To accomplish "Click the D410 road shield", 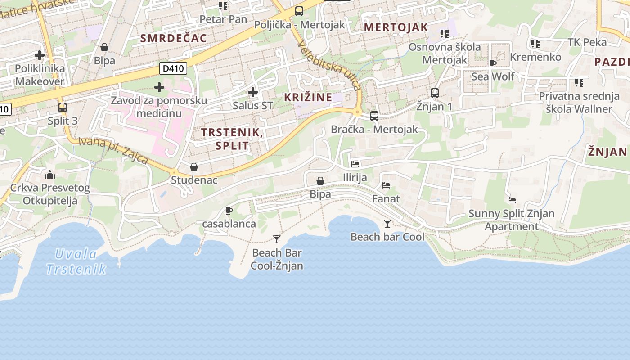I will pyautogui.click(x=173, y=69).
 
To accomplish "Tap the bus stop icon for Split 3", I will pyautogui.click(x=63, y=108).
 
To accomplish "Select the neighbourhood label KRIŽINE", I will pyautogui.click(x=308, y=97).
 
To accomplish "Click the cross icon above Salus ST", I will pyautogui.click(x=253, y=93).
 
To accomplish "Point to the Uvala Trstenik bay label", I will pyautogui.click(x=76, y=261).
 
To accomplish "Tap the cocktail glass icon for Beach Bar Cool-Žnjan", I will pyautogui.click(x=277, y=239).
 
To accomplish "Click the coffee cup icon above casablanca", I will pyautogui.click(x=229, y=211).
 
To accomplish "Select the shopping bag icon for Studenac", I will pyautogui.click(x=194, y=167).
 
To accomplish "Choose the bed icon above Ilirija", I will pyautogui.click(x=355, y=164).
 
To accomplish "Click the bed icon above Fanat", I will pyautogui.click(x=386, y=185).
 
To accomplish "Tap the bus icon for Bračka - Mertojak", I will pyautogui.click(x=374, y=116).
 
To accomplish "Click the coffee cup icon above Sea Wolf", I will pyautogui.click(x=493, y=63).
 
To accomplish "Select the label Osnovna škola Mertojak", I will pyautogui.click(x=445, y=53).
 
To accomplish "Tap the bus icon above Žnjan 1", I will pyautogui.click(x=435, y=93).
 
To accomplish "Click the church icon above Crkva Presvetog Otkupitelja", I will pyautogui.click(x=50, y=175).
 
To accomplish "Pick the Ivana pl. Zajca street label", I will pyautogui.click(x=113, y=150).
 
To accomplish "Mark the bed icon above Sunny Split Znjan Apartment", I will pyautogui.click(x=512, y=200).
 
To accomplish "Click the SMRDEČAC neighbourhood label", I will pyautogui.click(x=174, y=38).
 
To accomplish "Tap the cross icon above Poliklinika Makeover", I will pyautogui.click(x=40, y=55).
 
